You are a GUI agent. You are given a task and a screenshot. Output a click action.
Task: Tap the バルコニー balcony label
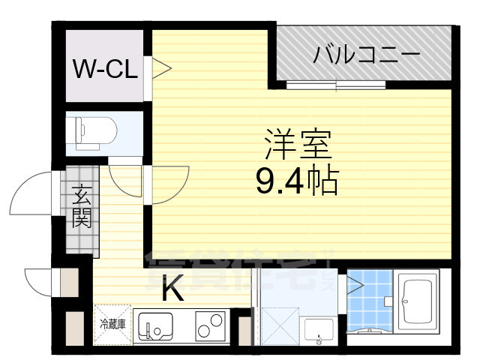tap(366, 54)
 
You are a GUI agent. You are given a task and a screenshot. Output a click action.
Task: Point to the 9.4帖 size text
tap(297, 180)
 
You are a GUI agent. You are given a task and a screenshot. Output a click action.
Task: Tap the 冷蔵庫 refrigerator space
tap(112, 324)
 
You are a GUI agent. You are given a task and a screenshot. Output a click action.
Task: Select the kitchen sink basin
tap(160, 326)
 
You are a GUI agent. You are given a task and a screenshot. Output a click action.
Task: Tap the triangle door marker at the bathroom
tap(354, 285)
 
